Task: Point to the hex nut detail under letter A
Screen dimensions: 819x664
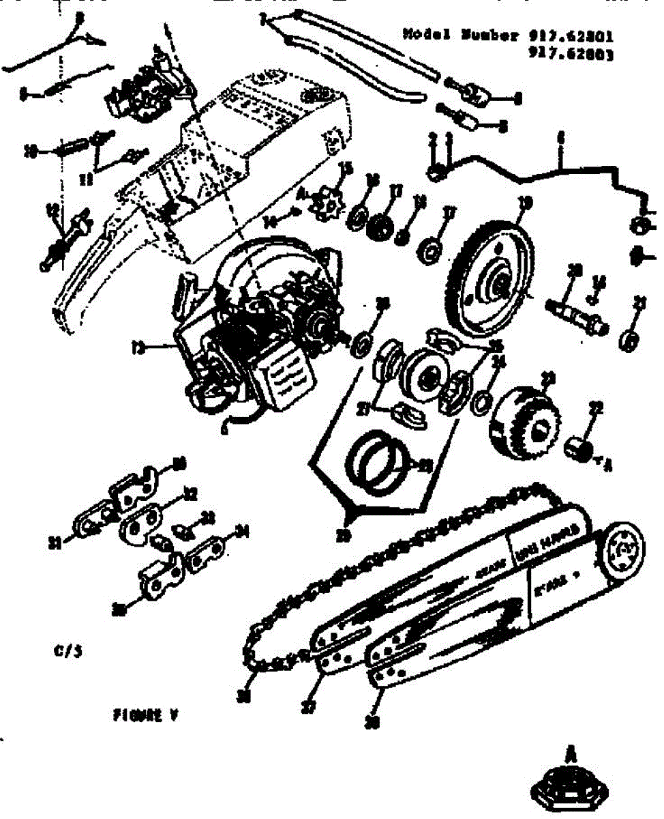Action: click(571, 792)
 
